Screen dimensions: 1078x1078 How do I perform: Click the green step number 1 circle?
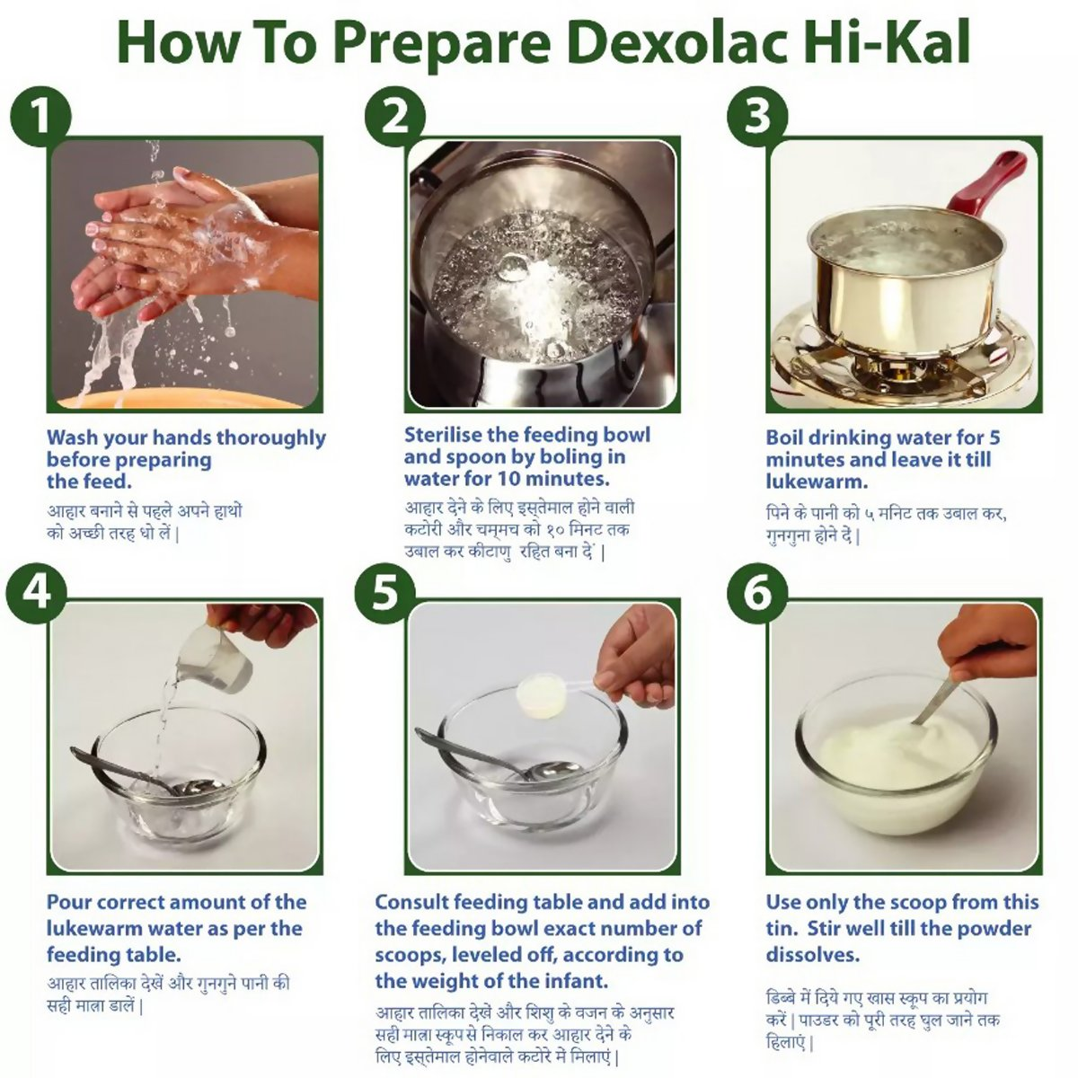(40, 118)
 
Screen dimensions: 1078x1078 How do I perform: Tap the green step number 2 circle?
(395, 118)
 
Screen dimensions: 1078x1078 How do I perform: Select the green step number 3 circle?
(757, 118)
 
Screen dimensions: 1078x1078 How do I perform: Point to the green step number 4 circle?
(36, 593)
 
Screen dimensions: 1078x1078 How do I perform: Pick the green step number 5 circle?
(385, 593)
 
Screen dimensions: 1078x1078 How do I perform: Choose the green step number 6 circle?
(757, 593)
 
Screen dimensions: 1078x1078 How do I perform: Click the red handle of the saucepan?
(990, 185)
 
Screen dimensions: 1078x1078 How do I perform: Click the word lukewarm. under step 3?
(817, 482)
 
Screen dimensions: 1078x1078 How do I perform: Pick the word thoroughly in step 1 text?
(270, 438)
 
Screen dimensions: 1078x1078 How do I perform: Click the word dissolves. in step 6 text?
(812, 954)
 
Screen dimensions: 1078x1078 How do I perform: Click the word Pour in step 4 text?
(66, 902)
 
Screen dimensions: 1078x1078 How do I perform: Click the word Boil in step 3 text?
(784, 437)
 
